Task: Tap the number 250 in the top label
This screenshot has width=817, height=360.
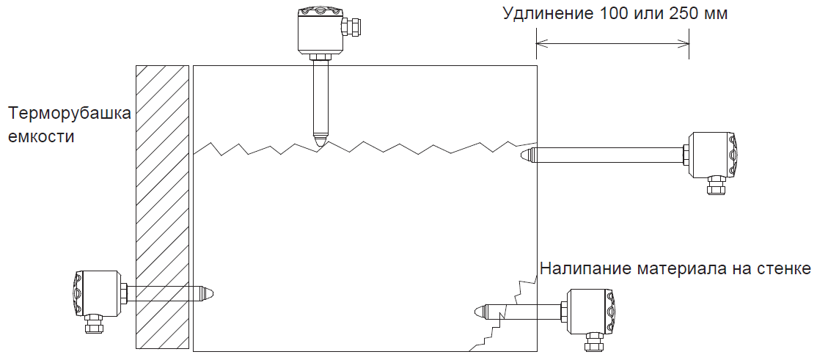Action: tap(684, 15)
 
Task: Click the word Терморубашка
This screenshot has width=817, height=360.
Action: tap(70, 114)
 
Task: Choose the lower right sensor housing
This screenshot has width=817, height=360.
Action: tap(589, 311)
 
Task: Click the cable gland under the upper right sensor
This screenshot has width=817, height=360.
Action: tap(716, 186)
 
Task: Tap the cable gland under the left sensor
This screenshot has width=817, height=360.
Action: tap(93, 324)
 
